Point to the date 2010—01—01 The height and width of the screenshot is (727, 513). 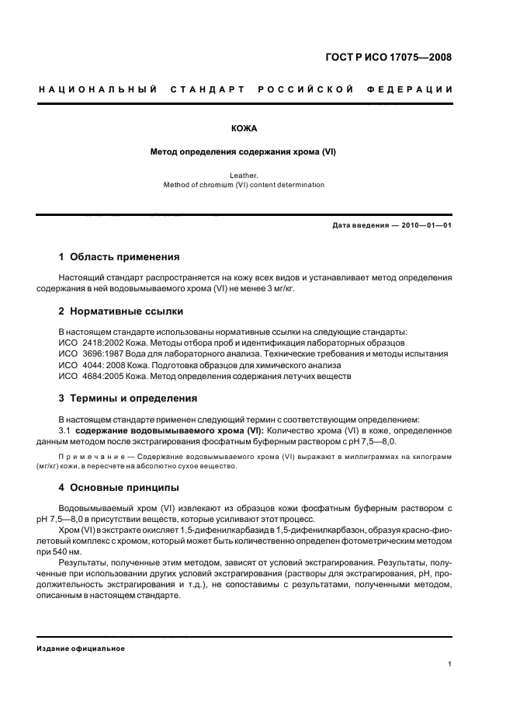click(x=425, y=225)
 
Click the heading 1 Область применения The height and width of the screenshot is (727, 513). click(x=120, y=256)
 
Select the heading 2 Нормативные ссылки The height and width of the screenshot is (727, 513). click(x=121, y=311)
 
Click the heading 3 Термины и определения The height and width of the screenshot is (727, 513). click(x=128, y=398)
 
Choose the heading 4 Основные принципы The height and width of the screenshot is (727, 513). click(x=120, y=488)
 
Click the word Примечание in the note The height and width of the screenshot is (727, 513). click(x=91, y=457)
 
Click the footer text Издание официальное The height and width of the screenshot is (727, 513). click(x=81, y=649)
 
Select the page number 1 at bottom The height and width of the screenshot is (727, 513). click(x=450, y=664)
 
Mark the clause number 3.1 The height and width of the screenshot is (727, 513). click(x=65, y=430)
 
